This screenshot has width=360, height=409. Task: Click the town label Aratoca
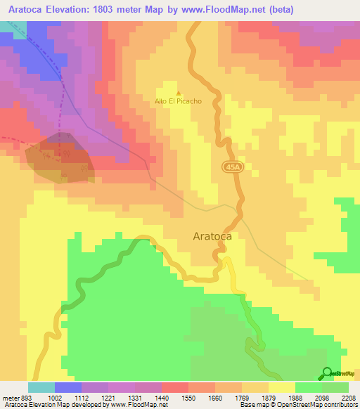tap(212, 237)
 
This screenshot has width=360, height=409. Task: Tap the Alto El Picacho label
tap(178, 101)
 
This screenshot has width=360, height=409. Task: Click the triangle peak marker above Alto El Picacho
tap(178, 93)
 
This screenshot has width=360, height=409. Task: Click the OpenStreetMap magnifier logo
tap(327, 373)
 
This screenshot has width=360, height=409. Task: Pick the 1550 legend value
tap(187, 397)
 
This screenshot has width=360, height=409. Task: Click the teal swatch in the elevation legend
tap(41, 387)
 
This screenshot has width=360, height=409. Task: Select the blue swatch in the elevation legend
tap(68, 387)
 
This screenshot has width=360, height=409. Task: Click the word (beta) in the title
tap(280, 8)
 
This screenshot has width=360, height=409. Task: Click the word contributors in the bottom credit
tap(340, 405)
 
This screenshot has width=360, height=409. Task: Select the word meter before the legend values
tap(11, 397)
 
